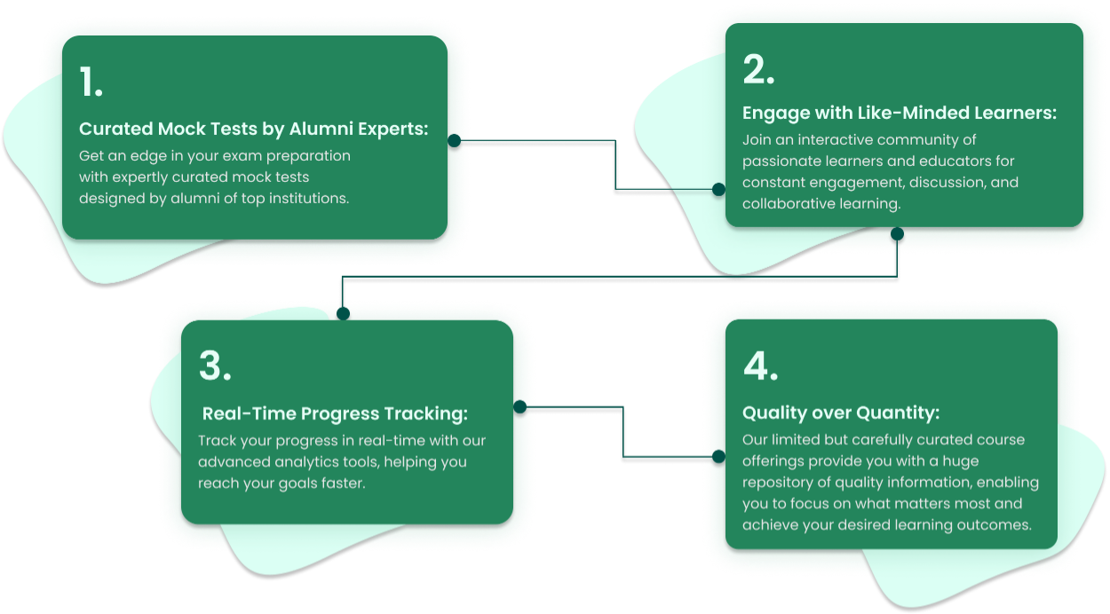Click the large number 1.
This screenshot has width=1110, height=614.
91,83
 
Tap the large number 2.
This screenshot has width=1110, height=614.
758,71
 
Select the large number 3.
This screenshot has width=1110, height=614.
215,366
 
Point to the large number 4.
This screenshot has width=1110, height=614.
760,366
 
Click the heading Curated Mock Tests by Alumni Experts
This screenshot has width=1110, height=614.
253,129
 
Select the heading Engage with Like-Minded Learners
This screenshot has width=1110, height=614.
899,114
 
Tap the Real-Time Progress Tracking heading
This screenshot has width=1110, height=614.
335,413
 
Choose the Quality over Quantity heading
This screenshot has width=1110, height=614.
840,413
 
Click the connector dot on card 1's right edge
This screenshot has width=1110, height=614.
454,140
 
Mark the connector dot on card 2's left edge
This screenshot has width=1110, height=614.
719,188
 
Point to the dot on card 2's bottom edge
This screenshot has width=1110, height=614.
897,234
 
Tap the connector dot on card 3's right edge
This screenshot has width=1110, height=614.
520,408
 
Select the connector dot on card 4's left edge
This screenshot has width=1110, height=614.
719,456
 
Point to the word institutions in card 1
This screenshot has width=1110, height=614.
305,198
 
